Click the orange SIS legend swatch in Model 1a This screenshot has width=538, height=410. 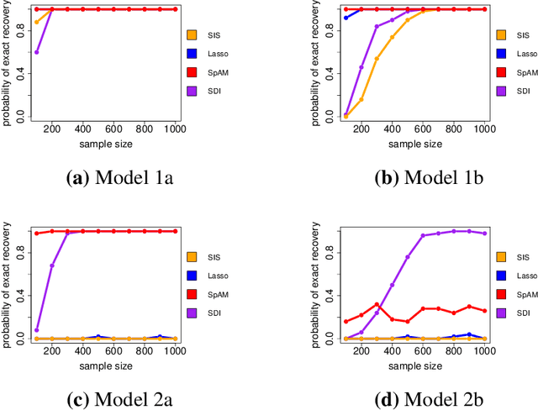(x=193, y=34)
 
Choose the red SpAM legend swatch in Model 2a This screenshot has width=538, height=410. (x=193, y=294)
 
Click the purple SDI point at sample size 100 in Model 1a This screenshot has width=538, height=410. (x=36, y=52)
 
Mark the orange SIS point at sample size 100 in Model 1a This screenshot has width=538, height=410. (x=36, y=22)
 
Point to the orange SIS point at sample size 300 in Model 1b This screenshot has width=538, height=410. (x=377, y=58)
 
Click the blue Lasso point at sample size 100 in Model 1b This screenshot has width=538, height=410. (x=345, y=18)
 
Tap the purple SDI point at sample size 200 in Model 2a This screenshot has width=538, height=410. (x=52, y=265)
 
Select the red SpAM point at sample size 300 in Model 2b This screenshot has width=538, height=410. (x=377, y=304)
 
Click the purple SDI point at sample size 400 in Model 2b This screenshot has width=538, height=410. (x=392, y=285)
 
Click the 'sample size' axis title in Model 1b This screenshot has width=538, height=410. (x=415, y=145)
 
